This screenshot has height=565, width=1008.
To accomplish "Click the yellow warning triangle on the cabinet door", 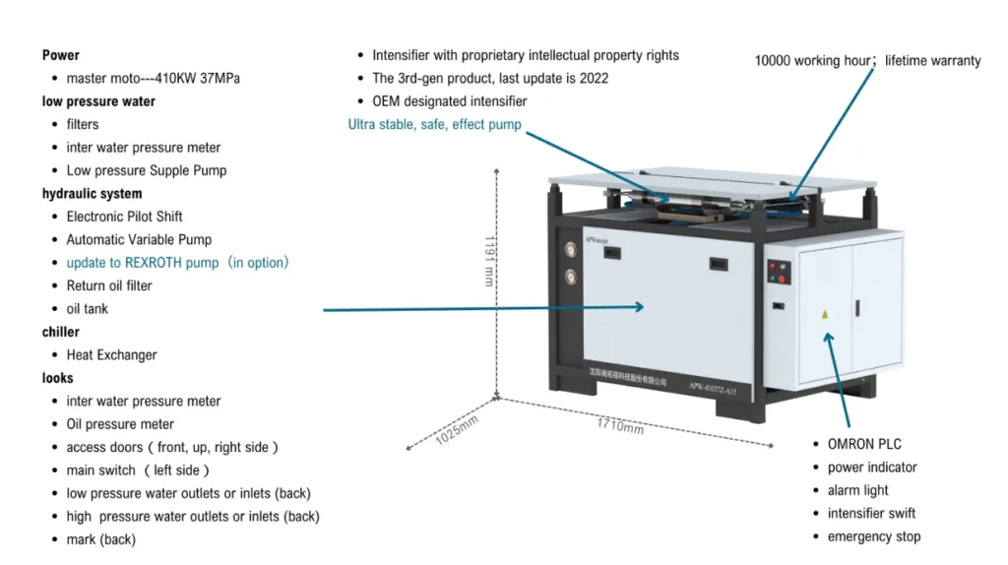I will pyautogui.click(x=825, y=315).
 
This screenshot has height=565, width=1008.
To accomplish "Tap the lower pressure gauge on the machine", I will pyautogui.click(x=569, y=278).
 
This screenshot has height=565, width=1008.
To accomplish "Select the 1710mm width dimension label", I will pyautogui.click(x=620, y=427).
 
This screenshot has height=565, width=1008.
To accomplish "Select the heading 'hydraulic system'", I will pyautogui.click(x=92, y=194).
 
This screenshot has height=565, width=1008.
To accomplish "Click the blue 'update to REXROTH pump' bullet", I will pyautogui.click(x=177, y=263).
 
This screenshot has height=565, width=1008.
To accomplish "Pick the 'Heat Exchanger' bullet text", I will pyautogui.click(x=111, y=355).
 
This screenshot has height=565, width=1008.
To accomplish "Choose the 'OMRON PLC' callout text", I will pyautogui.click(x=864, y=444).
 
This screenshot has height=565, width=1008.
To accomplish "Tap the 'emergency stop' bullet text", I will pyautogui.click(x=874, y=536).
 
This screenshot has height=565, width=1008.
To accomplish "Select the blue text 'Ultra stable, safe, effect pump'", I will pyautogui.click(x=434, y=125).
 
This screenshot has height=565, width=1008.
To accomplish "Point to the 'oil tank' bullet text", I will pyautogui.click(x=88, y=309).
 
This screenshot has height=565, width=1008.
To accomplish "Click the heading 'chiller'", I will pyautogui.click(x=60, y=332).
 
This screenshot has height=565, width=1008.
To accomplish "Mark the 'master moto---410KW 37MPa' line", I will pyautogui.click(x=153, y=78).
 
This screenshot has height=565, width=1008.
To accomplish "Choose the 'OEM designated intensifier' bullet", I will pyautogui.click(x=449, y=101).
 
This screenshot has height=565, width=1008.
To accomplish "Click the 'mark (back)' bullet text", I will pyautogui.click(x=100, y=539).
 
